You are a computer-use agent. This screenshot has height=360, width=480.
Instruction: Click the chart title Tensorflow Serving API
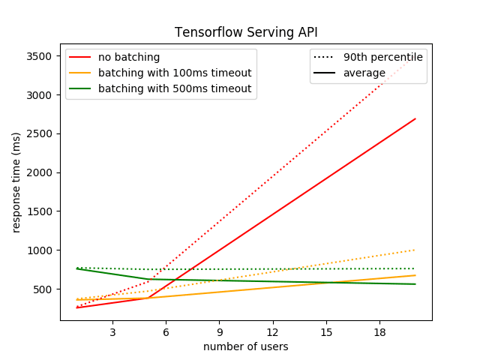tap(245, 32)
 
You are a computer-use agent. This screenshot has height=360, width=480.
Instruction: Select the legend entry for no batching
tap(129, 58)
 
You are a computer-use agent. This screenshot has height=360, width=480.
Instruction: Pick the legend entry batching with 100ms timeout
tap(174, 73)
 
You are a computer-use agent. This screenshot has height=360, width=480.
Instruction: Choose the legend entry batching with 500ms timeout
tap(174, 88)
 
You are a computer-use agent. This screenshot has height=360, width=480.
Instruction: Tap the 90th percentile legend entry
tap(382, 58)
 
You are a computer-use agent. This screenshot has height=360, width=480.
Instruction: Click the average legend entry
tap(364, 73)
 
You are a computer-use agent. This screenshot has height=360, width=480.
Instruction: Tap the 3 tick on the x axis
tap(112, 331)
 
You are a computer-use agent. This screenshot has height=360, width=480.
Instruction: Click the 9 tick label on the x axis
tap(219, 331)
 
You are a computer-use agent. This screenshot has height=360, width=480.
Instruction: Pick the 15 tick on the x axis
tap(326, 331)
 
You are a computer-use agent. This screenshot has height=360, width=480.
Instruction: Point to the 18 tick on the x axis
tap(379, 331)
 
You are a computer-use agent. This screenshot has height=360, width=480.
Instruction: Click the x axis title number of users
tap(245, 346)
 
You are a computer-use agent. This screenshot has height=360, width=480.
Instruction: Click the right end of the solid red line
tap(415, 118)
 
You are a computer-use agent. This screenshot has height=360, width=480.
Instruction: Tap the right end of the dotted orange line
tap(415, 250)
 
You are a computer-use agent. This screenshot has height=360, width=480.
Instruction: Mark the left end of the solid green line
tap(77, 268)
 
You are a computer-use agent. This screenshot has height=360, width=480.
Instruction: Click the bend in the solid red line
tap(148, 298)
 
